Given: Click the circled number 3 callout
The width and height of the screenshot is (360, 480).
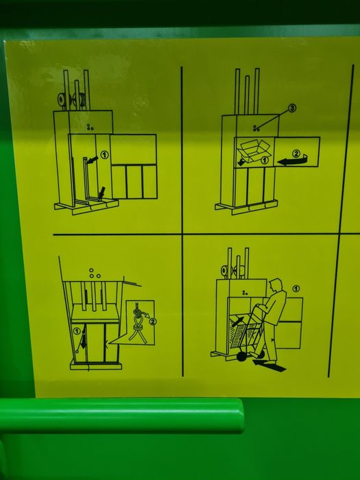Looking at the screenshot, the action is (292, 108).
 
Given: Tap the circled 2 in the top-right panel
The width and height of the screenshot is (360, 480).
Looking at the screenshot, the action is (296, 154).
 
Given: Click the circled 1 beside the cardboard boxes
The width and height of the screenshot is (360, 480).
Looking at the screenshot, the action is (265, 160).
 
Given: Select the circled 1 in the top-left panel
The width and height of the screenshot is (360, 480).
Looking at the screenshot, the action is (104, 155).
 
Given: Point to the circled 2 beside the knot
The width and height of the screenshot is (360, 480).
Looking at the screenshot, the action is (152, 322).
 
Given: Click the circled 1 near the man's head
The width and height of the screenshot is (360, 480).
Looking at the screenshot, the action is (296, 289).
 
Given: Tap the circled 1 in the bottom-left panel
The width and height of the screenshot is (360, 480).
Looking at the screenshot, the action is (77, 331).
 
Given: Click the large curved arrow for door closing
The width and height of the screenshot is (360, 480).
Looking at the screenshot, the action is (291, 160).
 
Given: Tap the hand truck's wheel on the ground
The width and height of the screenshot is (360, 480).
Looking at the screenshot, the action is (242, 357).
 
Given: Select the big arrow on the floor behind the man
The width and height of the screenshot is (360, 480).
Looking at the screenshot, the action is (269, 365).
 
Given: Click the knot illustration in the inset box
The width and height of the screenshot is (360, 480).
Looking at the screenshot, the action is (138, 322).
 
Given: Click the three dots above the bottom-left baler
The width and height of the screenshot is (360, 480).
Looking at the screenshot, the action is (94, 274).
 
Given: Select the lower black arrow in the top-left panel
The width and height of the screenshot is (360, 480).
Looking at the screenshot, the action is (101, 193).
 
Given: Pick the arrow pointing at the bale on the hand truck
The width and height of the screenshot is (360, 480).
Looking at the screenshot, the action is (238, 322).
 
